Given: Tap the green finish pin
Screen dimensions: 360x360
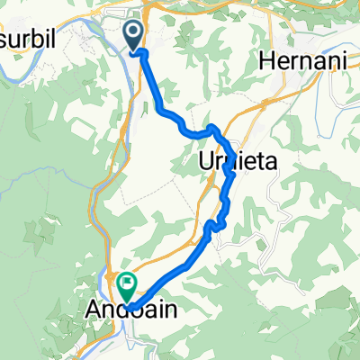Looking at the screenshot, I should click(x=127, y=287).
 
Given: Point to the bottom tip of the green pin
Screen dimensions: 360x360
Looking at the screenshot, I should click(x=127, y=304).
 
